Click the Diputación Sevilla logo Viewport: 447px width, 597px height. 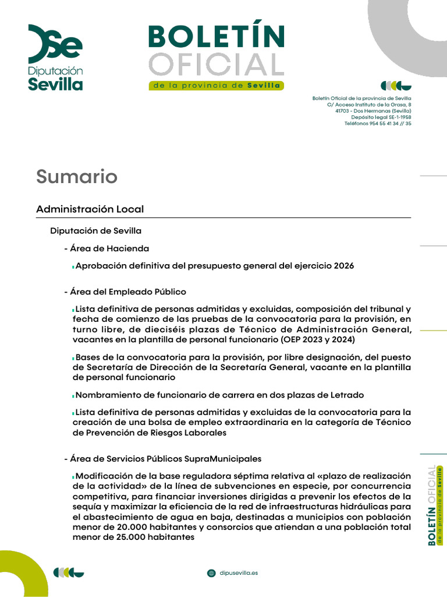tap(56, 57)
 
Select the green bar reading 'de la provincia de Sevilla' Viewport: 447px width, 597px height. tap(216, 86)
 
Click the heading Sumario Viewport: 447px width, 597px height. tap(77, 176)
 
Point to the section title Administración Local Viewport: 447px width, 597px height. tap(90, 209)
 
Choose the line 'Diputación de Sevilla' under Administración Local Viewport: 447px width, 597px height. tap(95, 231)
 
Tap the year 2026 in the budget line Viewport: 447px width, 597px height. tap(344, 266)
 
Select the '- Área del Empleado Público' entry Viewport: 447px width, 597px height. tap(125, 292)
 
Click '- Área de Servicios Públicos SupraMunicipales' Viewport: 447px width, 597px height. tap(163, 459)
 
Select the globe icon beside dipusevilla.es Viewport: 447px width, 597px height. tap(211, 573)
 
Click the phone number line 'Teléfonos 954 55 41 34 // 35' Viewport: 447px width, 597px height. tap(378, 124)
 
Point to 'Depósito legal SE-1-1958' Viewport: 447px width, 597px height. tap(381, 117)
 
